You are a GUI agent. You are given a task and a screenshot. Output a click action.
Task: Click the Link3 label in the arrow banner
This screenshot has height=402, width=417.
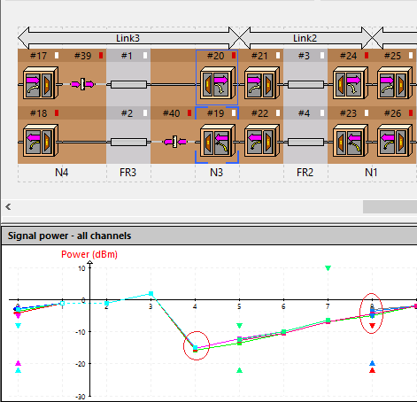pyautogui.click(x=127, y=38)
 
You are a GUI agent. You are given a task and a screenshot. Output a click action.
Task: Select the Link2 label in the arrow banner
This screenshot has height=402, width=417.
pyautogui.click(x=305, y=38)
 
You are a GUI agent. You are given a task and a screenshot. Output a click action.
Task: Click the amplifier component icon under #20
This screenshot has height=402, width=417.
pyautogui.click(x=218, y=83)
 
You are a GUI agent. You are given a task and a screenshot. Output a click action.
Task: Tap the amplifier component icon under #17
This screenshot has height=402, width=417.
pyautogui.click(x=41, y=83)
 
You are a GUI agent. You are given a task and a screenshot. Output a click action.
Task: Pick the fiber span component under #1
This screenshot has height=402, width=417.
pyautogui.click(x=128, y=85)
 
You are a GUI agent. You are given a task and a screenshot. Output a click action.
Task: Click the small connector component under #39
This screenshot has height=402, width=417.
pyautogui.click(x=82, y=84)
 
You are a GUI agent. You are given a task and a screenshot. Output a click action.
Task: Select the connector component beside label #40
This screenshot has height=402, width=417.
pyautogui.click(x=175, y=142)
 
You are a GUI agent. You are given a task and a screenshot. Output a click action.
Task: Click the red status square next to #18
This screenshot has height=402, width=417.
pyautogui.click(x=57, y=113)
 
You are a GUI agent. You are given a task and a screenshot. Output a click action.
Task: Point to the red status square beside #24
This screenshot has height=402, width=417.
pyautogui.click(x=367, y=56)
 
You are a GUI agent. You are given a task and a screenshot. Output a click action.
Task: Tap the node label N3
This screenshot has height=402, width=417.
pyautogui.click(x=216, y=173)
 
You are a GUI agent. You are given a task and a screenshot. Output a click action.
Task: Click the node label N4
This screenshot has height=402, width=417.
pyautogui.click(x=62, y=173)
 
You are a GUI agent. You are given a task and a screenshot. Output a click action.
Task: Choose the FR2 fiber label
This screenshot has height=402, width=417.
pyautogui.click(x=305, y=173)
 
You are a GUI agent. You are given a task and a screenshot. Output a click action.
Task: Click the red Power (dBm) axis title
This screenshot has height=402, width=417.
pyautogui.click(x=89, y=254)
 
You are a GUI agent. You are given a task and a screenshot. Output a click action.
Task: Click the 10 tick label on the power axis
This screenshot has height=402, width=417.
pyautogui.click(x=81, y=268)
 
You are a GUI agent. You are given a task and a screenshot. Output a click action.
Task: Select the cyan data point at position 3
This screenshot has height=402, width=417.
pyautogui.click(x=151, y=293)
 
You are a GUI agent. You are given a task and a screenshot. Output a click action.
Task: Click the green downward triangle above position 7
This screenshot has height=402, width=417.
pyautogui.click(x=328, y=268)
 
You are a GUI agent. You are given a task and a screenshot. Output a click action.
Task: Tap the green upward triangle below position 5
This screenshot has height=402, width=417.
pyautogui.click(x=239, y=370)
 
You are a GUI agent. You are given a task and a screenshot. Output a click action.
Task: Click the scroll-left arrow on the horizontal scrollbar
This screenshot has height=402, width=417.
pyautogui.click(x=8, y=207)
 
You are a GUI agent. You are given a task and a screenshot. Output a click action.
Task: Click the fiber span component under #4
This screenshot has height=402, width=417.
pyautogui.click(x=305, y=143)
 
